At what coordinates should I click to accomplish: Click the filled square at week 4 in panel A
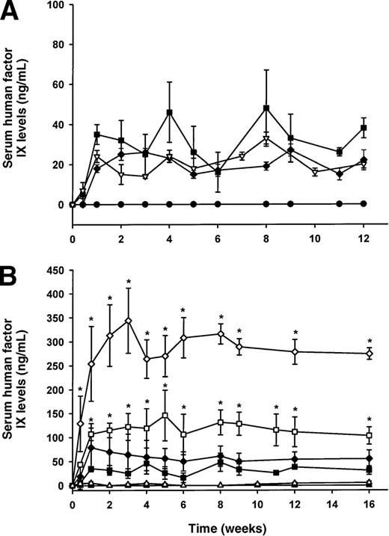170,112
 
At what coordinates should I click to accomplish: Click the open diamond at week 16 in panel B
369,354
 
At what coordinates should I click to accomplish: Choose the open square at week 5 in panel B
165,415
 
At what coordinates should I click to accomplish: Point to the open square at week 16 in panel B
369,435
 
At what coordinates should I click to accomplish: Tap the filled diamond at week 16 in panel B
369,458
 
